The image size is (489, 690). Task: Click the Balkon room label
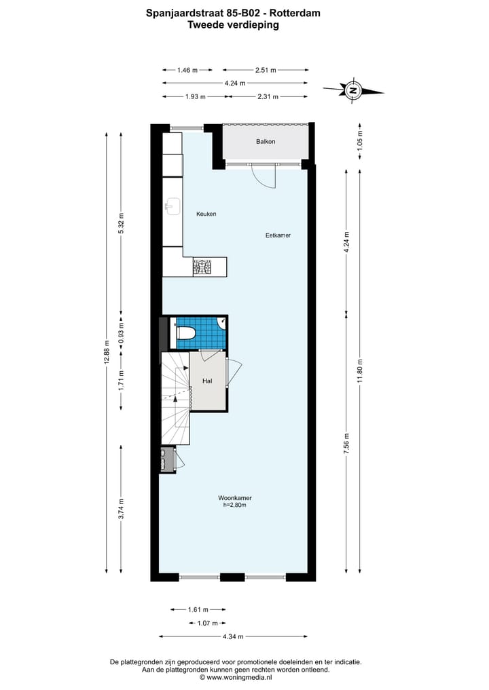click(266, 142)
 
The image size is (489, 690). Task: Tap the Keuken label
click(206, 214)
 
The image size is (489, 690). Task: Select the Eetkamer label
click(278, 235)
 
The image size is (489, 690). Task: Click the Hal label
click(208, 381)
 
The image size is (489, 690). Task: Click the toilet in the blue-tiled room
click(186, 332)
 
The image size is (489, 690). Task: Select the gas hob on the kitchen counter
click(202, 267)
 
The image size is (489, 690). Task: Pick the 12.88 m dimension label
click(106, 352)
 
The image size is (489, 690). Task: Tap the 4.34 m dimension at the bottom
click(234, 636)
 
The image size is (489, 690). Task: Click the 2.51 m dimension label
click(266, 70)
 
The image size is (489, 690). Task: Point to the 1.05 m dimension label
click(360, 140)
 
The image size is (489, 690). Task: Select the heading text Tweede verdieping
click(234, 24)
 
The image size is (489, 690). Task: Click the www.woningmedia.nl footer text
click(238, 676)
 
